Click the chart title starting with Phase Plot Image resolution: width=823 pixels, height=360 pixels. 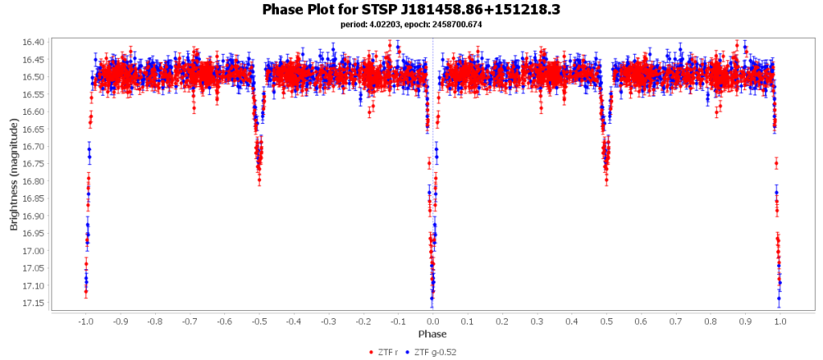coord(411,10)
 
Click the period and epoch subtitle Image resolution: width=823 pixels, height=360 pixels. coord(411,25)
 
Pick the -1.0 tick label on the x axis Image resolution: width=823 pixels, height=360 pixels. coord(85,321)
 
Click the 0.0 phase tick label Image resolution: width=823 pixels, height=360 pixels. coord(433,321)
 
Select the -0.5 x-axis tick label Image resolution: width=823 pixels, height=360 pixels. coord(259,321)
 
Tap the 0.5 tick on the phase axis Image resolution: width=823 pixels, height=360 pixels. coord(607,321)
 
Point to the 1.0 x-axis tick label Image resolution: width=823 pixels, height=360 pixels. coord(780,321)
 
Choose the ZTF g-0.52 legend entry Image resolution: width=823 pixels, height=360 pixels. coord(434,352)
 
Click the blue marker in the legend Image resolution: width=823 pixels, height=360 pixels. coord(407,352)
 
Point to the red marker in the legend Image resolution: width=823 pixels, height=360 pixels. coord(371,352)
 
